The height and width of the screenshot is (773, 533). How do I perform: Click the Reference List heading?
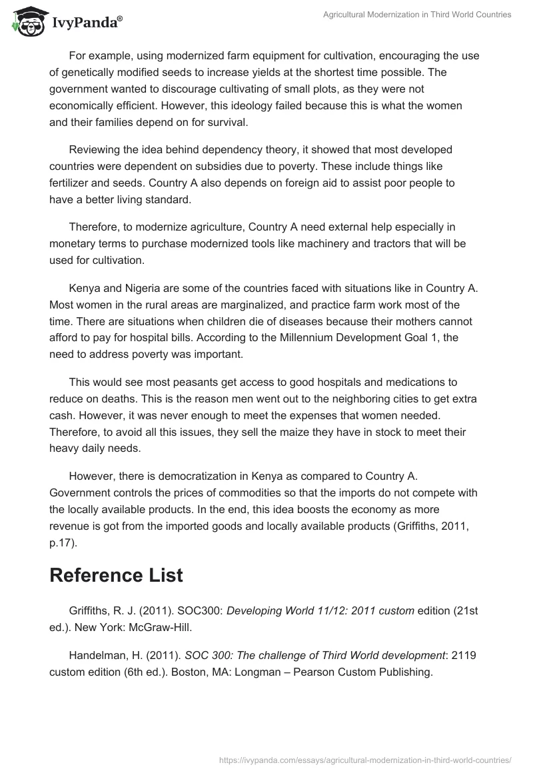116,576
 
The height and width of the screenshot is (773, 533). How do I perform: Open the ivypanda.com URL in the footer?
365,759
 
